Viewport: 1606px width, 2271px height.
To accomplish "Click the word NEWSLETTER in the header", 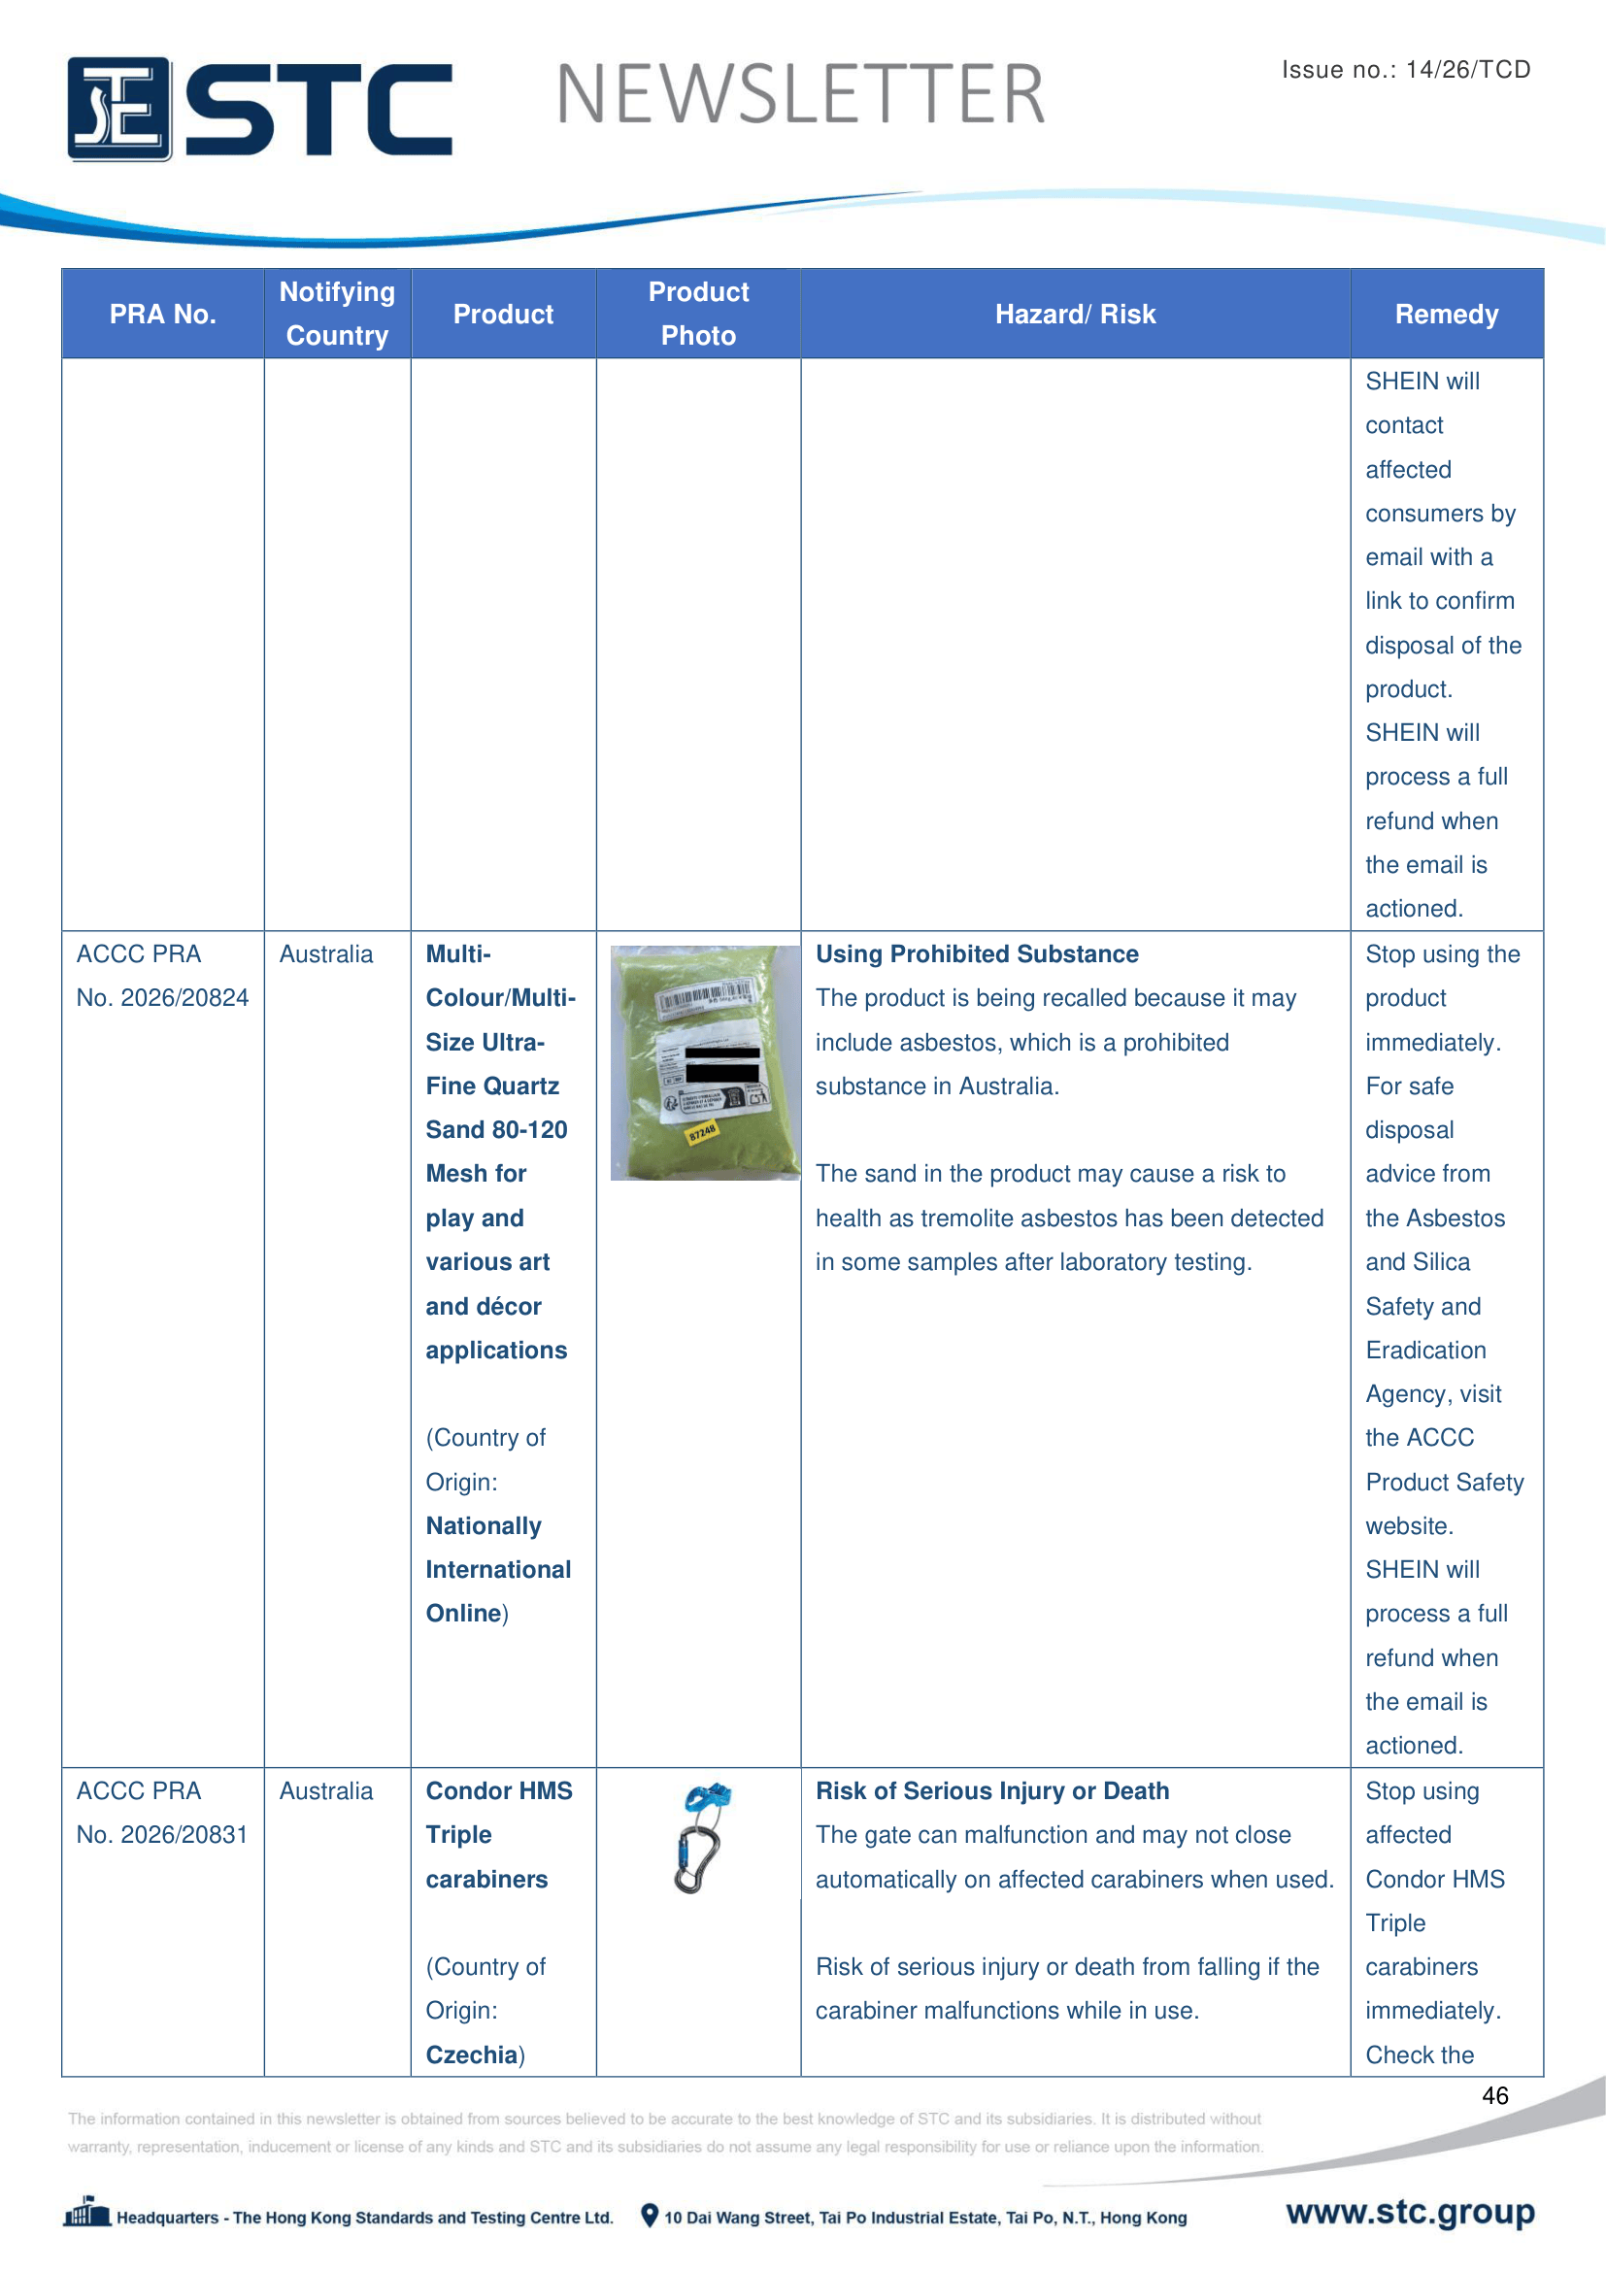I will point(800,95).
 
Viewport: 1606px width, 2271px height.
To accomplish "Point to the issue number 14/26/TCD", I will point(1467,69).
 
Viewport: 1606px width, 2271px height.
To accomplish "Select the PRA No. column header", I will point(162,315).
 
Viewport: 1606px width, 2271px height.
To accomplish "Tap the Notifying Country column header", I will point(337,314).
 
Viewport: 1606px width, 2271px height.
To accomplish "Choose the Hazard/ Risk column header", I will point(1075,315).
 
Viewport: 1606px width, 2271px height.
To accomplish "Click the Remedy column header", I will point(1446,315).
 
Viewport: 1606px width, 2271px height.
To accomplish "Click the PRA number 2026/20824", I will point(162,998).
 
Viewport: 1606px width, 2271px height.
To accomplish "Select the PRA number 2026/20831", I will point(162,1835).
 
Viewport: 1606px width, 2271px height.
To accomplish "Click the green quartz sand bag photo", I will point(704,1062).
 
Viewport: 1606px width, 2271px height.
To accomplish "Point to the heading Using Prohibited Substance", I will point(977,954).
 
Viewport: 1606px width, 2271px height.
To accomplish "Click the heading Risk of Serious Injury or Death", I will point(992,1791).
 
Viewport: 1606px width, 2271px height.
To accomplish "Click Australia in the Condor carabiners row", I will point(326,1791).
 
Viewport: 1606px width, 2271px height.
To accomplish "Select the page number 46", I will point(1494,2096).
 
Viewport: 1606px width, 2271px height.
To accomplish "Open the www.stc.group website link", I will point(1410,2213).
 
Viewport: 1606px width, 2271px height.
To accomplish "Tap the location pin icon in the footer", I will point(650,2216).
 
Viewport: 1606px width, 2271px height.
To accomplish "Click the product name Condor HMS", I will point(498,1791).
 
